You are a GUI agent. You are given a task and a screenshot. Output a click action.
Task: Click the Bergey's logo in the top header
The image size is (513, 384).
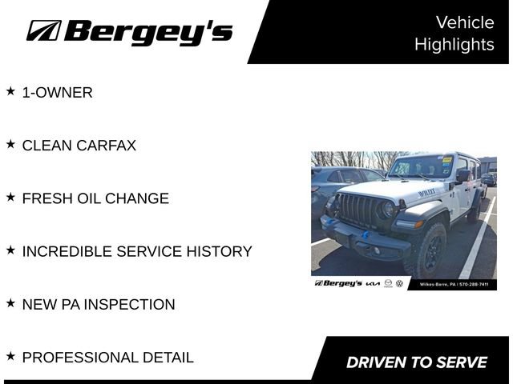click(129, 31)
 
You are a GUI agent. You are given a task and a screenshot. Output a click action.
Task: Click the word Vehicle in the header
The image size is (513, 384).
click(465, 22)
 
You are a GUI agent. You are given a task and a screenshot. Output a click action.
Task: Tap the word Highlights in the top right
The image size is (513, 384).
click(454, 45)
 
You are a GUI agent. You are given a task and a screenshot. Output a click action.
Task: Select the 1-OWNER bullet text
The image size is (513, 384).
click(57, 93)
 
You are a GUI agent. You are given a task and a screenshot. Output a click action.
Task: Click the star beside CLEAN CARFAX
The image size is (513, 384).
click(10, 145)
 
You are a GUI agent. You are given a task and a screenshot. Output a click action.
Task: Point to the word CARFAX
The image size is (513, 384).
click(106, 146)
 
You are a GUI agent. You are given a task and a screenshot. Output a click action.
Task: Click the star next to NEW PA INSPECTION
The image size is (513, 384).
click(10, 303)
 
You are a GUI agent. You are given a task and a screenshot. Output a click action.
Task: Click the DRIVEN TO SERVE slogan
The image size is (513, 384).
click(416, 362)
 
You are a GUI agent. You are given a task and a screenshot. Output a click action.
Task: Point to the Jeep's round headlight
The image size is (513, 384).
click(389, 210)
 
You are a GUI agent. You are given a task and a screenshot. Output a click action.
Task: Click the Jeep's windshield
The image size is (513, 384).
click(422, 166)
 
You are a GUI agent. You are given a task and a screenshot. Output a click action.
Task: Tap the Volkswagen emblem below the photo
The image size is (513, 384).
click(400, 284)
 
